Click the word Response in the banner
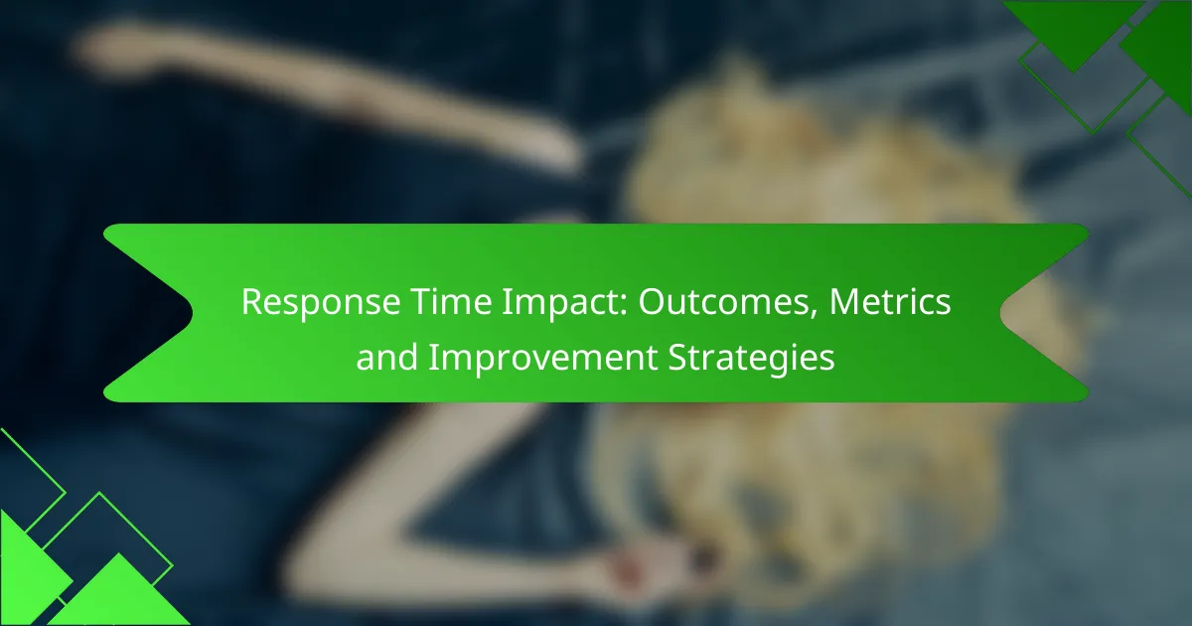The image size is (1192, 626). (x=321, y=303)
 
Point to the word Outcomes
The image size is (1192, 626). (x=723, y=302)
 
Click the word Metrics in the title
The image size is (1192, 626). (x=890, y=301)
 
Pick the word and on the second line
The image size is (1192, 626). (x=386, y=357)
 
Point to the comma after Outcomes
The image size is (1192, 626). (x=813, y=313)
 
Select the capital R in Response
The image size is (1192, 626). (x=252, y=302)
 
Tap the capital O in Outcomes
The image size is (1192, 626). (x=652, y=302)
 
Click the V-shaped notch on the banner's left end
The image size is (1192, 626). (x=192, y=313)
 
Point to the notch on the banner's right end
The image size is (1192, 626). (x=1001, y=313)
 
